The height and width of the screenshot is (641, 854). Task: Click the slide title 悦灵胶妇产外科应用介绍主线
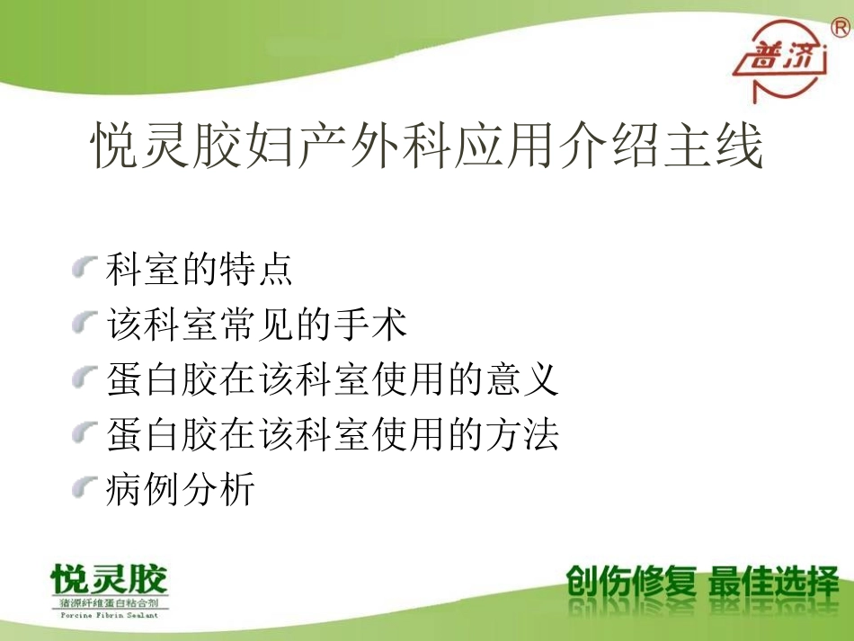[x=428, y=147]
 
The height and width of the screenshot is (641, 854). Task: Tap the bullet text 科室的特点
[x=200, y=269]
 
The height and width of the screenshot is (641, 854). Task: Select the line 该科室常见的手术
[x=257, y=325]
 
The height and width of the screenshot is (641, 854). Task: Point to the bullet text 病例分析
[x=181, y=490]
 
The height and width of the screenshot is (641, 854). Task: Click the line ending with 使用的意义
[x=333, y=380]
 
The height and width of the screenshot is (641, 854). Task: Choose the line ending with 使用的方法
[x=333, y=435]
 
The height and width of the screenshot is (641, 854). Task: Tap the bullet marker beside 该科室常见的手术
[x=85, y=323]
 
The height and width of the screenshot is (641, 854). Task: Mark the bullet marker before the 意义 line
[x=85, y=378]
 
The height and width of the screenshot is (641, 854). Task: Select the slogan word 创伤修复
[x=630, y=583]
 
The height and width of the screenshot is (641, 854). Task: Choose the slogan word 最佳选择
[x=774, y=583]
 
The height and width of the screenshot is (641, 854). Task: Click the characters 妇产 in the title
[x=276, y=147]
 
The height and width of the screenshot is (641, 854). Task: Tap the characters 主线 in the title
[x=723, y=147]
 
